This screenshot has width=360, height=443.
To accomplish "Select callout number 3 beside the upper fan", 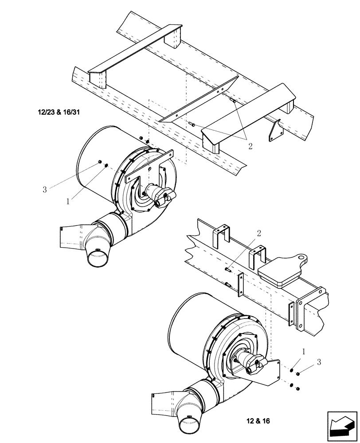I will (44, 190).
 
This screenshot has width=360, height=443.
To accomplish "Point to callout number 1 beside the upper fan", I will (67, 201).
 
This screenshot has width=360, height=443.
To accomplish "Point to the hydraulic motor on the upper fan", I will (158, 195).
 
